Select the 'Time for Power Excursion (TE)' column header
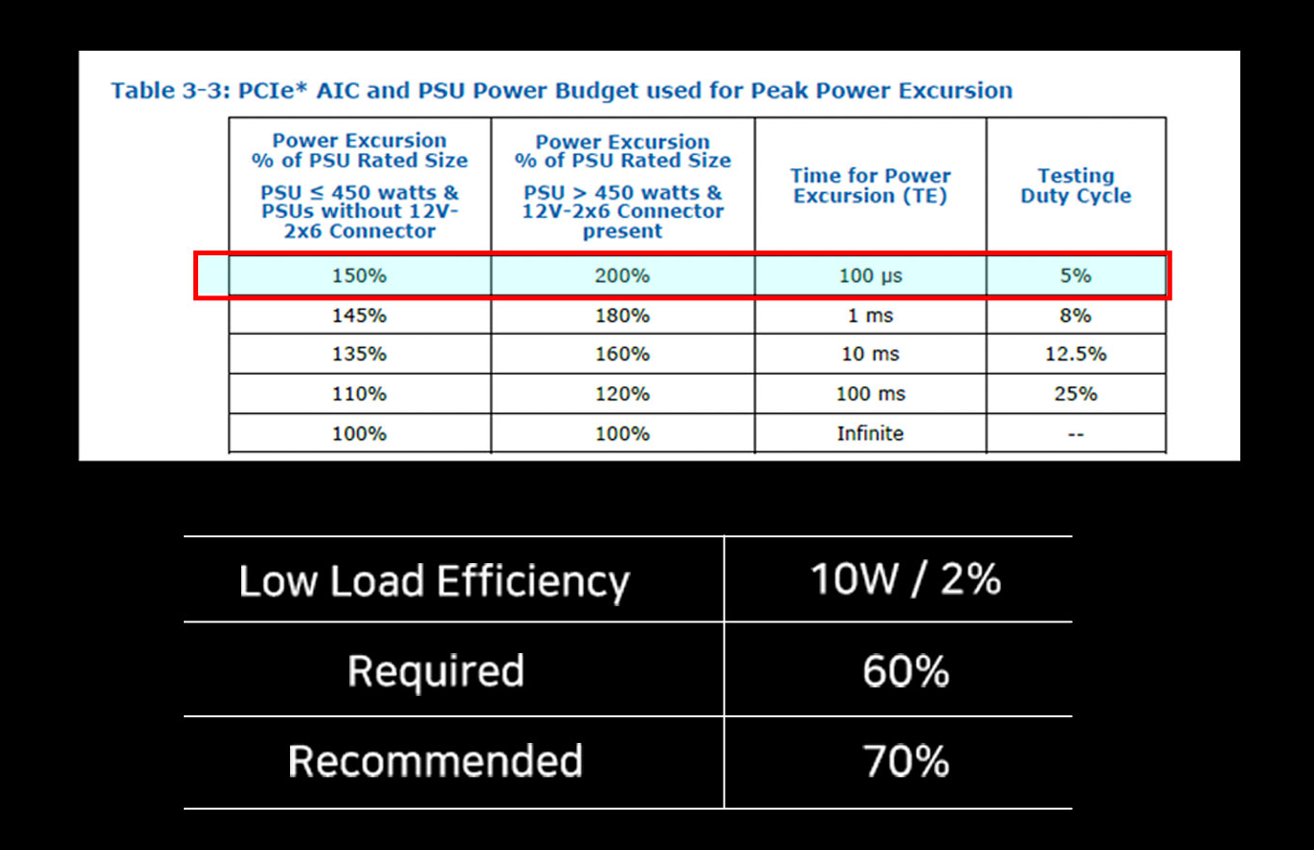(x=870, y=185)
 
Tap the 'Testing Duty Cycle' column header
(x=1076, y=185)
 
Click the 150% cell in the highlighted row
(x=359, y=275)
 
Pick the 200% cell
(x=622, y=275)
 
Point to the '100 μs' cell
(x=870, y=275)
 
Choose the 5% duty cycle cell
(x=1076, y=275)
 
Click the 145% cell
(x=359, y=316)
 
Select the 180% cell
(x=622, y=316)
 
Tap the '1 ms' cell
(x=870, y=316)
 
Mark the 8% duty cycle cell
(x=1076, y=316)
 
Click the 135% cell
(x=359, y=354)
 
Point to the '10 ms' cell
(x=870, y=354)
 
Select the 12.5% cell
(x=1076, y=354)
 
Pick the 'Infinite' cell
(x=870, y=433)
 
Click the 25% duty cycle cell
(x=1076, y=394)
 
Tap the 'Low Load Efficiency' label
(x=434, y=581)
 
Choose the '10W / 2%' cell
(x=905, y=579)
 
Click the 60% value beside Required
(x=905, y=671)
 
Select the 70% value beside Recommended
(x=905, y=761)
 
